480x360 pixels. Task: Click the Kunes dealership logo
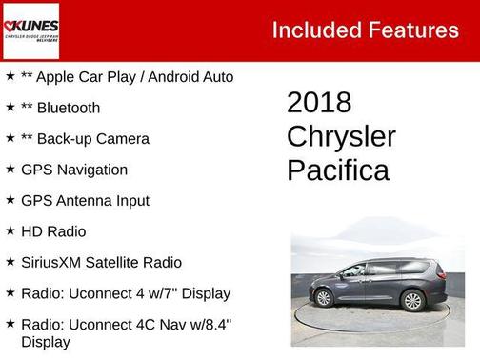pos(30,30)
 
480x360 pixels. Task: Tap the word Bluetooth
pos(68,108)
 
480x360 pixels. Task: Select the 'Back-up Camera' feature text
pos(91,139)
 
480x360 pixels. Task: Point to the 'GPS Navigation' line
pos(74,170)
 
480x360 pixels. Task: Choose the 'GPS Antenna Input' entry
pos(85,201)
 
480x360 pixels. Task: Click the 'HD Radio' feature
pos(53,231)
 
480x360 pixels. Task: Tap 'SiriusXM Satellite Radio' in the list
pos(101,262)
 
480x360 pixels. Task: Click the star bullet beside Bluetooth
pos(10,107)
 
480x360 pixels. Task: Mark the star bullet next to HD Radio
pos(10,230)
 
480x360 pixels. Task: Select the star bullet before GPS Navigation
pos(10,169)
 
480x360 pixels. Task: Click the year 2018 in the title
pos(319,103)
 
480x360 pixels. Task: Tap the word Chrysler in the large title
pos(341,136)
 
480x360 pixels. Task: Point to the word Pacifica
pos(337,170)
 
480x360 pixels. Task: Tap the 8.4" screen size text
pos(215,324)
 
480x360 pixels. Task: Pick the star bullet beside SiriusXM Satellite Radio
pos(10,261)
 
